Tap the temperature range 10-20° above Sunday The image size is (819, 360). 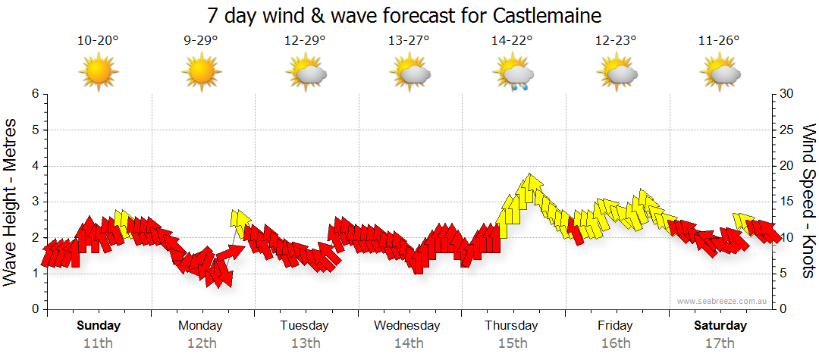tap(98, 41)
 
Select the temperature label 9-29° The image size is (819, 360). tap(201, 41)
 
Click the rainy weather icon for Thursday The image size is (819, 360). tap(515, 75)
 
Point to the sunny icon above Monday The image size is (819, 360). tap(201, 74)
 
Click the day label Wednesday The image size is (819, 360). tap(406, 326)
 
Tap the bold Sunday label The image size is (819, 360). tap(99, 326)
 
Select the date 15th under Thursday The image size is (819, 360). tap(513, 343)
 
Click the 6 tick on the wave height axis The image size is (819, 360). tap(35, 94)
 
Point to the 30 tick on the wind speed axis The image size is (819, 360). tap(787, 94)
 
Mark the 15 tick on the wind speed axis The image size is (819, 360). tap(787, 202)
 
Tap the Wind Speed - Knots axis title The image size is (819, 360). tap(808, 201)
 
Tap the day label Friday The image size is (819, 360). tap(615, 326)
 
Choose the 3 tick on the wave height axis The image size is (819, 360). tap(35, 202)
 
